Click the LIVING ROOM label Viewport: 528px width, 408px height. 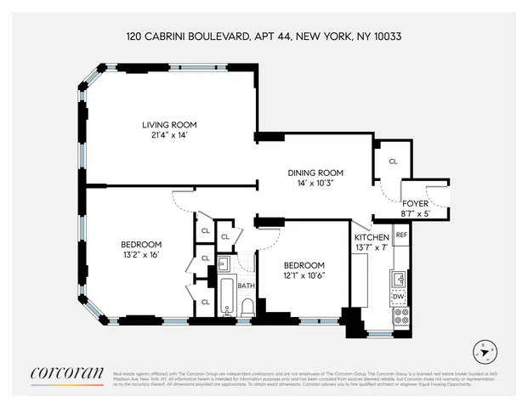click(168, 126)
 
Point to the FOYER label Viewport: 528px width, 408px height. click(416, 203)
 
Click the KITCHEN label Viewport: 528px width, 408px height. click(372, 236)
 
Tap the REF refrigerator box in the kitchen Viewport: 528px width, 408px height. click(401, 233)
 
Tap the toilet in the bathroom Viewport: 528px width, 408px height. click(247, 306)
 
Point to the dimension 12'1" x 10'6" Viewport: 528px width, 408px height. click(304, 275)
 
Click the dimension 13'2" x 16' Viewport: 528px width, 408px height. click(140, 255)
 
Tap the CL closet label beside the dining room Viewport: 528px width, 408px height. click(393, 161)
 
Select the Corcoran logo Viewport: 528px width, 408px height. click(66, 373)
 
